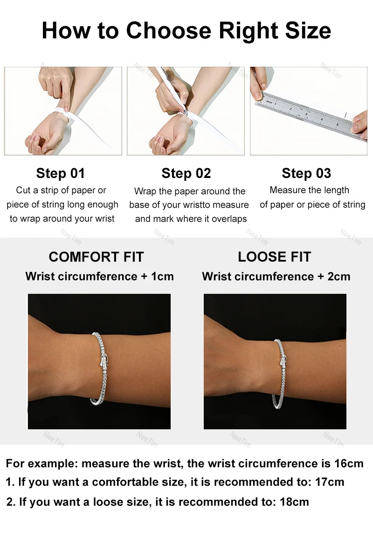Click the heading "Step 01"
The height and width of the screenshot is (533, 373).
[x=61, y=173]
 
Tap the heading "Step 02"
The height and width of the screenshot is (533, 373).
[x=186, y=173]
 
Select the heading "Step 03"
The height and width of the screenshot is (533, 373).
[x=306, y=173]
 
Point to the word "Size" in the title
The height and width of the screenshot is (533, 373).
[x=307, y=31]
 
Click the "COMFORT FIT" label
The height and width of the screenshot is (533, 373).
[x=96, y=257]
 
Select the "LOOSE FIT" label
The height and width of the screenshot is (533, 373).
[x=274, y=257]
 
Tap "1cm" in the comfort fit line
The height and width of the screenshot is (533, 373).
[x=162, y=276]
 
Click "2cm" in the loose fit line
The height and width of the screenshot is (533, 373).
[x=339, y=276]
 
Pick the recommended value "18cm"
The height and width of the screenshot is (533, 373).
[x=294, y=502]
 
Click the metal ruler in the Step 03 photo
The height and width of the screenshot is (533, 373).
[x=308, y=115]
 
